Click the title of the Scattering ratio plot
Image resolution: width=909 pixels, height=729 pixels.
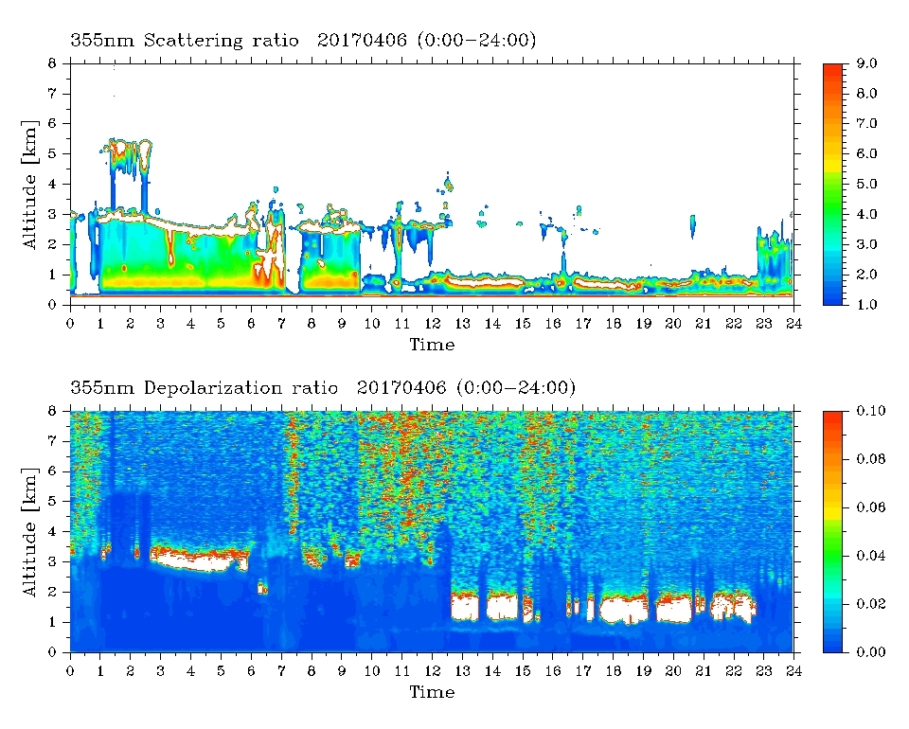click(303, 40)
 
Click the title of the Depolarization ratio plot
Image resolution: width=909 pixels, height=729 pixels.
click(323, 387)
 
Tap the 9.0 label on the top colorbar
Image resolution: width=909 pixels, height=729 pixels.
click(866, 63)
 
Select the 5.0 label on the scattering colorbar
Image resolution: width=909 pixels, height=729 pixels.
click(866, 184)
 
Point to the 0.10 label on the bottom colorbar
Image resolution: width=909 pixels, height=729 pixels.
click(871, 411)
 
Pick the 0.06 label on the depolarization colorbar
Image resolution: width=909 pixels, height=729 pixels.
click(871, 507)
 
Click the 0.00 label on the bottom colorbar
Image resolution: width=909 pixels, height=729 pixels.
click(871, 652)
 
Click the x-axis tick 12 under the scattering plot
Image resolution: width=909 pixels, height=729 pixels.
click(432, 324)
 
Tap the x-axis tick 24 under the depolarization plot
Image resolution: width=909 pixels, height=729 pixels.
click(793, 671)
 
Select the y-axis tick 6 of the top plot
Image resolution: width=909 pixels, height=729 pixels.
click(53, 123)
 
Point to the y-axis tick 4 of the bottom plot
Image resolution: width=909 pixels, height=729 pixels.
click(53, 531)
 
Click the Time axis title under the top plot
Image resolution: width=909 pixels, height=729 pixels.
click(432, 345)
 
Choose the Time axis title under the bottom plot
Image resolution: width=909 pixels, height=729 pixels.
click(432, 691)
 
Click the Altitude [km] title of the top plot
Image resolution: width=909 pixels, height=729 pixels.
click(30, 185)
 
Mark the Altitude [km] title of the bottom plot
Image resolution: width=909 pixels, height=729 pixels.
click(30, 532)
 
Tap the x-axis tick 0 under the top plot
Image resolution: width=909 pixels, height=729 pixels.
click(70, 324)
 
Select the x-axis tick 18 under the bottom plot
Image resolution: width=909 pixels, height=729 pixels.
click(613, 671)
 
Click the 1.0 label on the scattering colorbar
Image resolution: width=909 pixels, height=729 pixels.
click(866, 305)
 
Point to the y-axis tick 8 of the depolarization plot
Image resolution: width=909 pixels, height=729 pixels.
click(53, 411)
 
